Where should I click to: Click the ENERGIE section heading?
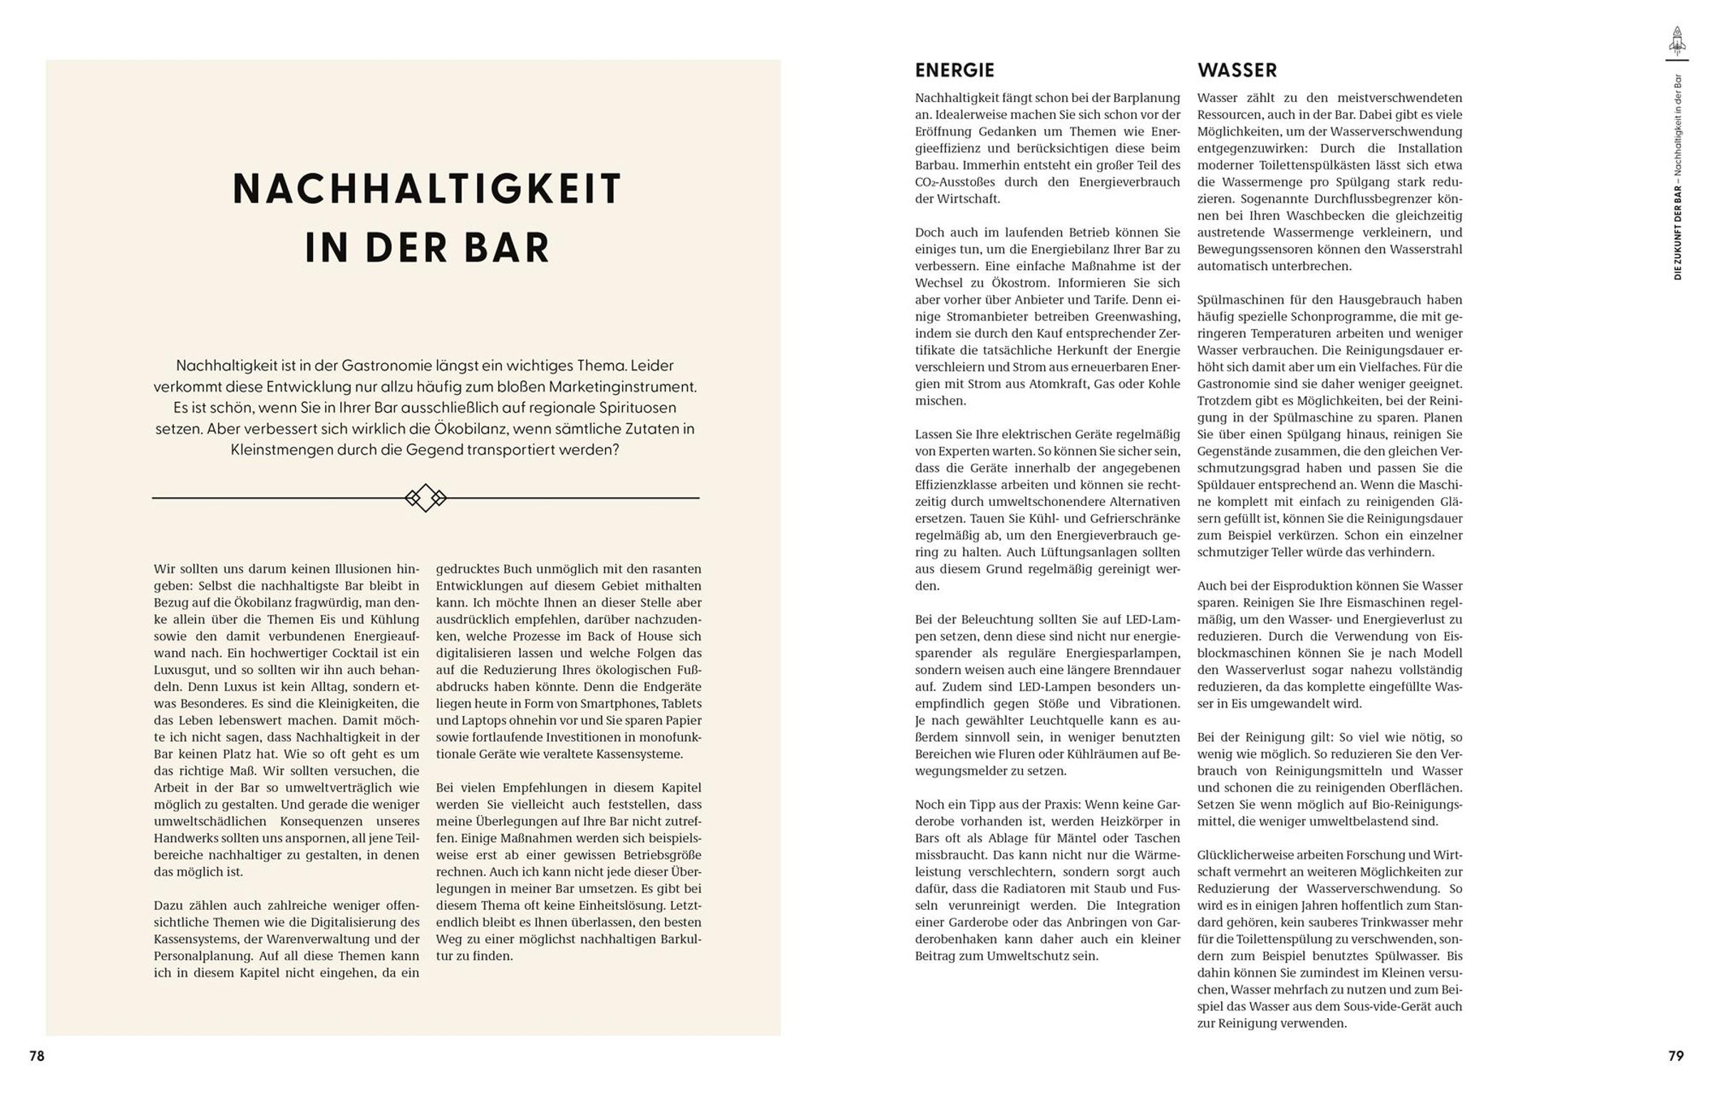point(954,70)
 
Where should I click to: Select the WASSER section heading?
point(1237,70)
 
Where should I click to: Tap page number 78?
point(37,1056)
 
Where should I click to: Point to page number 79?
point(1676,1056)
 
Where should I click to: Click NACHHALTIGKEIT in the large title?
point(428,189)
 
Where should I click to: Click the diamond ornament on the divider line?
point(426,497)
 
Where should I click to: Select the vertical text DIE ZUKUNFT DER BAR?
point(1677,235)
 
